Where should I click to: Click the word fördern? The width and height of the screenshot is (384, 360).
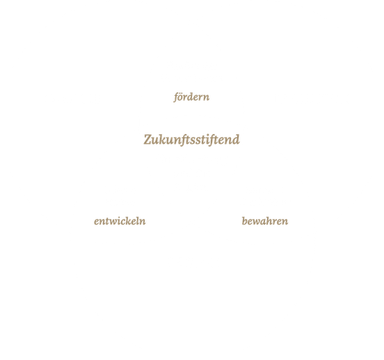click(191, 97)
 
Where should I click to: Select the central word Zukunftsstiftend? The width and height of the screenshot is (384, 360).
click(191, 140)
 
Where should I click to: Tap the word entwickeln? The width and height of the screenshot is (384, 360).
click(120, 221)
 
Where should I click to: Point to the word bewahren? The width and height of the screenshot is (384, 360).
click(265, 221)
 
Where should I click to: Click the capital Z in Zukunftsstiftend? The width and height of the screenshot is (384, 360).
click(147, 140)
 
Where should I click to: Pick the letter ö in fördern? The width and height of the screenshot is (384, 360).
click(182, 98)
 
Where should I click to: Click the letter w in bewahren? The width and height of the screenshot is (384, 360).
click(259, 222)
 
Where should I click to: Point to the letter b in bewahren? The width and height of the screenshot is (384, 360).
click(244, 221)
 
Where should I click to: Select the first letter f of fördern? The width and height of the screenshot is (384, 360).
click(177, 97)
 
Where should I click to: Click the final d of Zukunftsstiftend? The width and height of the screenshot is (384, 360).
click(236, 140)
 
